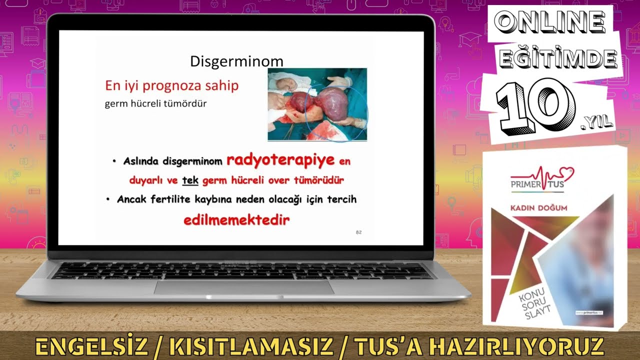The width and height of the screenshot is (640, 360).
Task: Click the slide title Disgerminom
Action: coord(236,61)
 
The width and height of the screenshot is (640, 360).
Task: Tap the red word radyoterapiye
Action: coord(280,160)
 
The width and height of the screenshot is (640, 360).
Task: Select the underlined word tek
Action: coord(190,180)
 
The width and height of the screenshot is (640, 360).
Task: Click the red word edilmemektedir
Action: coord(236,220)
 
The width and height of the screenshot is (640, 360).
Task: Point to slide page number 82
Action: coord(358,232)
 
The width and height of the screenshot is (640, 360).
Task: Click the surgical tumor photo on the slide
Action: coord(317,104)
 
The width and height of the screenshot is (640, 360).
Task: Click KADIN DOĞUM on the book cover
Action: coord(538,207)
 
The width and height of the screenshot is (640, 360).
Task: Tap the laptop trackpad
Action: coord(243,287)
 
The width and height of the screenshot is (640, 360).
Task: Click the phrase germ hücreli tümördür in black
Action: coord(155,104)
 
